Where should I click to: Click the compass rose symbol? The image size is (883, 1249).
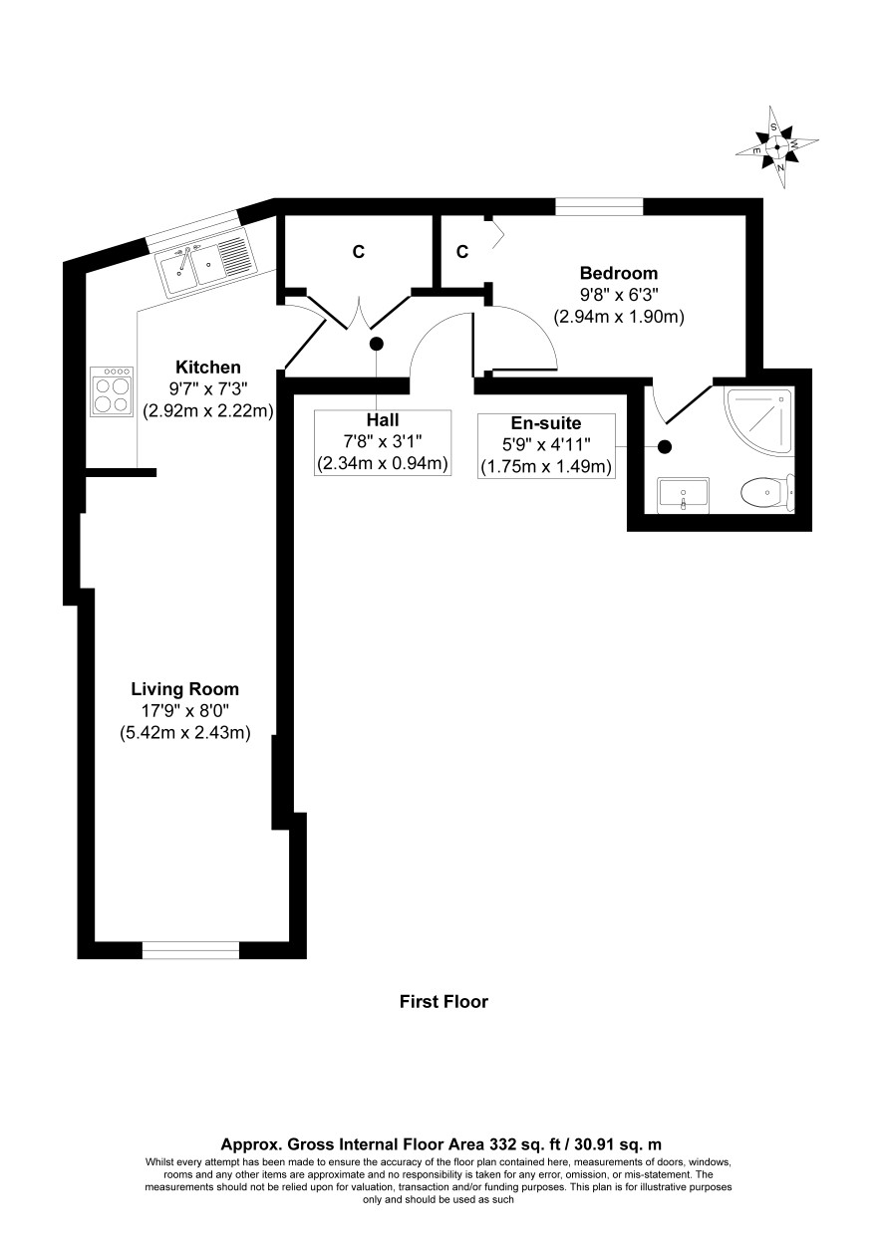777,146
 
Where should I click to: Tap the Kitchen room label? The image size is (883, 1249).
208,368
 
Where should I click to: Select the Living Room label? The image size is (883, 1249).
185,689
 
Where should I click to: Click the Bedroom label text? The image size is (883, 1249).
619,273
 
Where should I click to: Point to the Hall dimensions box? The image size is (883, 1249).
383,442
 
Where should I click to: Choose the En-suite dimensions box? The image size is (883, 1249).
547,445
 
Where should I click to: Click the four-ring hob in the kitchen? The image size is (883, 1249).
112,391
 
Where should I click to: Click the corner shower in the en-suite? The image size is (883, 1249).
757,422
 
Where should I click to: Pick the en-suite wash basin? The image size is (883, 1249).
684,495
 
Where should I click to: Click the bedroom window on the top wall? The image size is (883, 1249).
599,206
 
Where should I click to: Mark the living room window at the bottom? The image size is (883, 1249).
190,949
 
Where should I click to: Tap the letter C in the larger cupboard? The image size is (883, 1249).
358,252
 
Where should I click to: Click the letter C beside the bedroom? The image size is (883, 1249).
461,252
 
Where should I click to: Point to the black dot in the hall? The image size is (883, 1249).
377,344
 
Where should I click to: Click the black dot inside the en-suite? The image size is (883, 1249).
665,446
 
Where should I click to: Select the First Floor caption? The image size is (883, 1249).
443,1002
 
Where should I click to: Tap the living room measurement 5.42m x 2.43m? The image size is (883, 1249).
185,733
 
